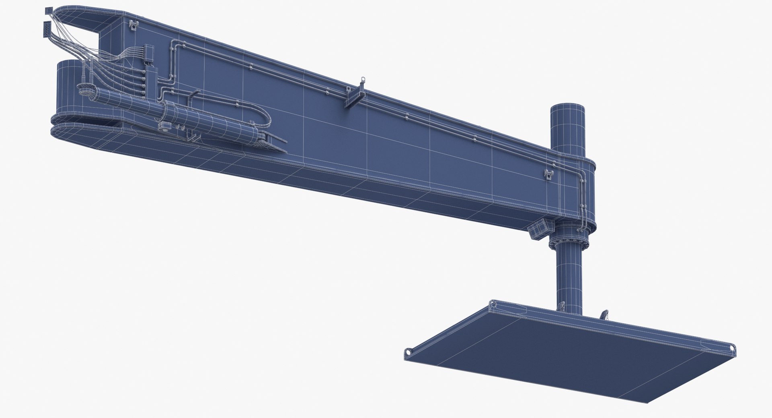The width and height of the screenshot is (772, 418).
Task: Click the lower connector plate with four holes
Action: coord(47,29)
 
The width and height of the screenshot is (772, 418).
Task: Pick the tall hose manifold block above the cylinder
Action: coord(152,83)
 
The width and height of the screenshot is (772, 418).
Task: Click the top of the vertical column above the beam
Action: coord(567,109)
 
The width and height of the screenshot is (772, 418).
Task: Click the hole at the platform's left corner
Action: coord(409,352)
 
